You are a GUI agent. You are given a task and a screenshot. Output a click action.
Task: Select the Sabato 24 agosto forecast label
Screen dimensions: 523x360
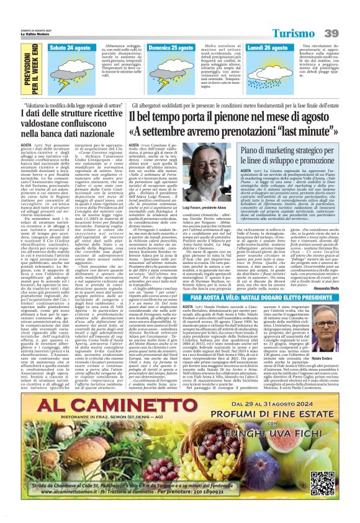pyautogui.click(x=70, y=47)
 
